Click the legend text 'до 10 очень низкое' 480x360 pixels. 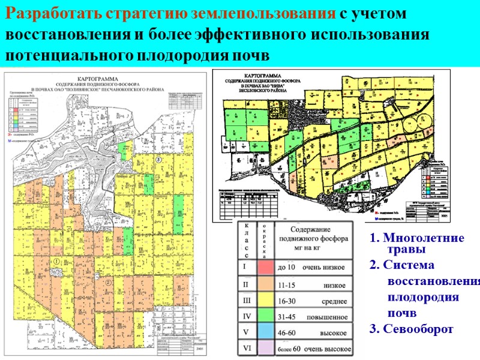point(312,266)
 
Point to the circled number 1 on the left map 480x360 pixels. point(56,262)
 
